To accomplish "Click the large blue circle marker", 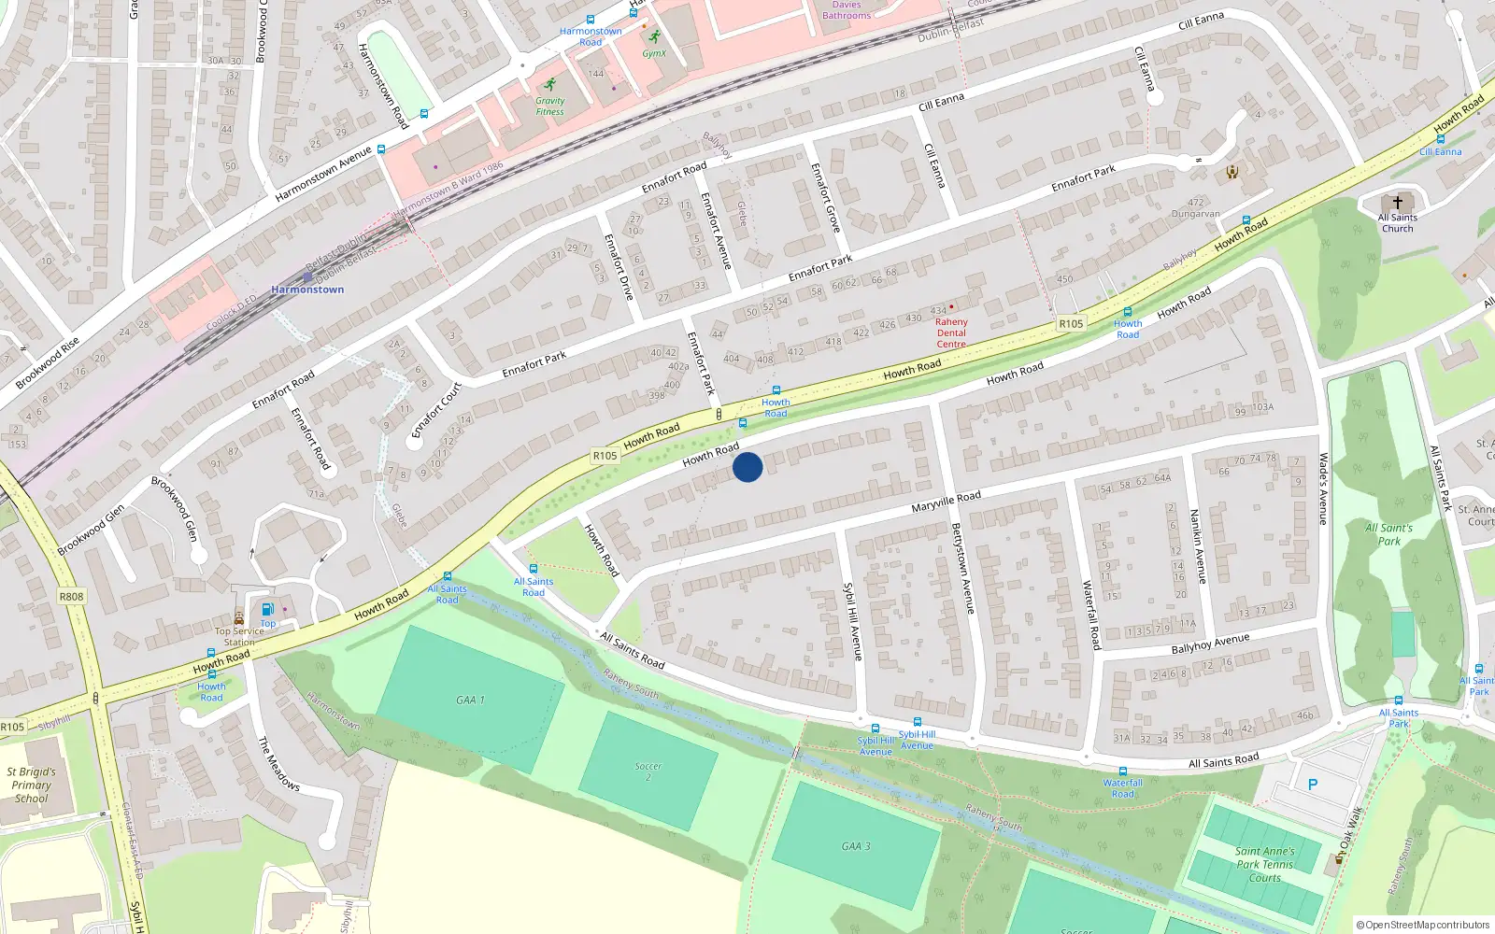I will coord(747,467).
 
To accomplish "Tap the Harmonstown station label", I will coord(307,290).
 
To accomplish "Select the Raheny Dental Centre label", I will coord(951,333).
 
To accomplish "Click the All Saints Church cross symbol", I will coord(1398,202).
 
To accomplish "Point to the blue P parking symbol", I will coord(1313,785).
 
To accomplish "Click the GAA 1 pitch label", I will coord(470,700).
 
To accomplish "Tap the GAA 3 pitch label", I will coord(855,846).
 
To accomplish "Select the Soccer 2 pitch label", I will coord(648,771).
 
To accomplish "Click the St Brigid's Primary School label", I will coord(31,785).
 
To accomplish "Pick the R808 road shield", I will coord(71,596).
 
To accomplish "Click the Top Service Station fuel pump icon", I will coord(268,610).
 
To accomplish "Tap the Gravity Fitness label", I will coord(549,106).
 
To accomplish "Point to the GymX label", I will coord(654,53).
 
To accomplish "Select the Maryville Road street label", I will coord(946,502).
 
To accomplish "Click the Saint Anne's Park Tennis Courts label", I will coord(1264,864).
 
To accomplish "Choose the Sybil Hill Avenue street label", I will coord(853,622).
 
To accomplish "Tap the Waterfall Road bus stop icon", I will coord(1122,771).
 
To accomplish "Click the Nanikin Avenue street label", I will coord(1198,546).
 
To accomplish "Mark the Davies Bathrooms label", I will coord(847,10).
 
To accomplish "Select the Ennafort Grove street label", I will coord(825,197).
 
